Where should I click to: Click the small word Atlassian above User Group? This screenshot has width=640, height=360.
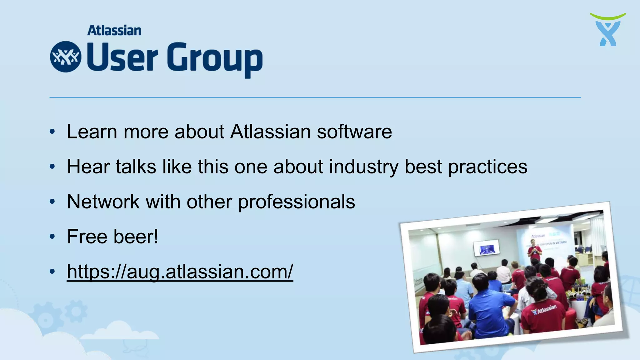point(114,31)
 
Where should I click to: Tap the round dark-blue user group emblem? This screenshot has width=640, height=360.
point(66,57)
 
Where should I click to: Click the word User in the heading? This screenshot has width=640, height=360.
point(122,57)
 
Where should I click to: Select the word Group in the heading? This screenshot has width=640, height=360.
point(215,59)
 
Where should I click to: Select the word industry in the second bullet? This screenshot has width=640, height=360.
point(364,167)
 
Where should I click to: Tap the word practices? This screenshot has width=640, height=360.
point(487,167)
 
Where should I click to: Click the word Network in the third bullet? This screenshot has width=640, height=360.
point(103,202)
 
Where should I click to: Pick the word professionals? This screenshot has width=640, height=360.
point(297,202)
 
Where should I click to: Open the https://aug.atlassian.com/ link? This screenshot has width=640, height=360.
point(180,272)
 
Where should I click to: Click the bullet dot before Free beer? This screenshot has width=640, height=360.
point(52,237)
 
